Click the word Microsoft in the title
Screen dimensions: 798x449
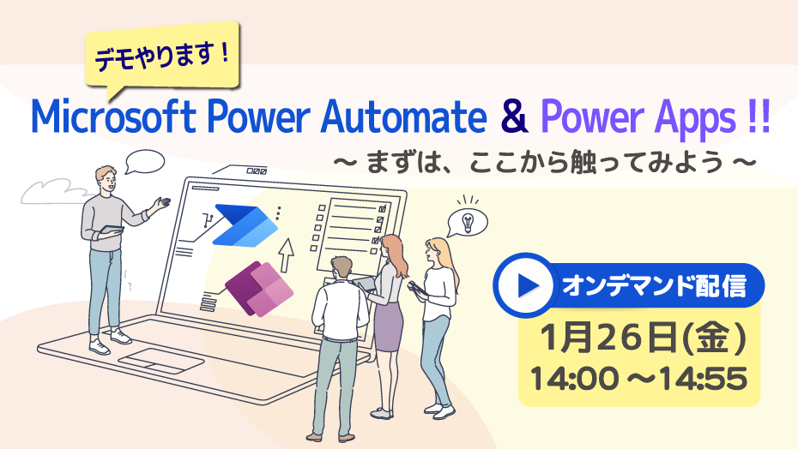coord(112,116)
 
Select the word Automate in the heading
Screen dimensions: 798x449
coord(404,116)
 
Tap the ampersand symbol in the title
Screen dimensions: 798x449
coord(514,116)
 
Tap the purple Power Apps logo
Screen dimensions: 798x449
coord(259,288)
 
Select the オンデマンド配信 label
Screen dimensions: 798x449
coord(654,286)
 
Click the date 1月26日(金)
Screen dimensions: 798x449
coord(643,338)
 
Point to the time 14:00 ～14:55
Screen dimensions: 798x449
coord(638,379)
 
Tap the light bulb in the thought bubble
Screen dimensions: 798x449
coord(467,222)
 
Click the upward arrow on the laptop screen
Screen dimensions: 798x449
coord(287,254)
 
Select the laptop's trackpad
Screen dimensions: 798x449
coord(161,361)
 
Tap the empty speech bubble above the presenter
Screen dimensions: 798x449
coord(144,162)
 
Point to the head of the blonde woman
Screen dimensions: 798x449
coord(437,251)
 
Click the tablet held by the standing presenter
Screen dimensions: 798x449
coord(111,230)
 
